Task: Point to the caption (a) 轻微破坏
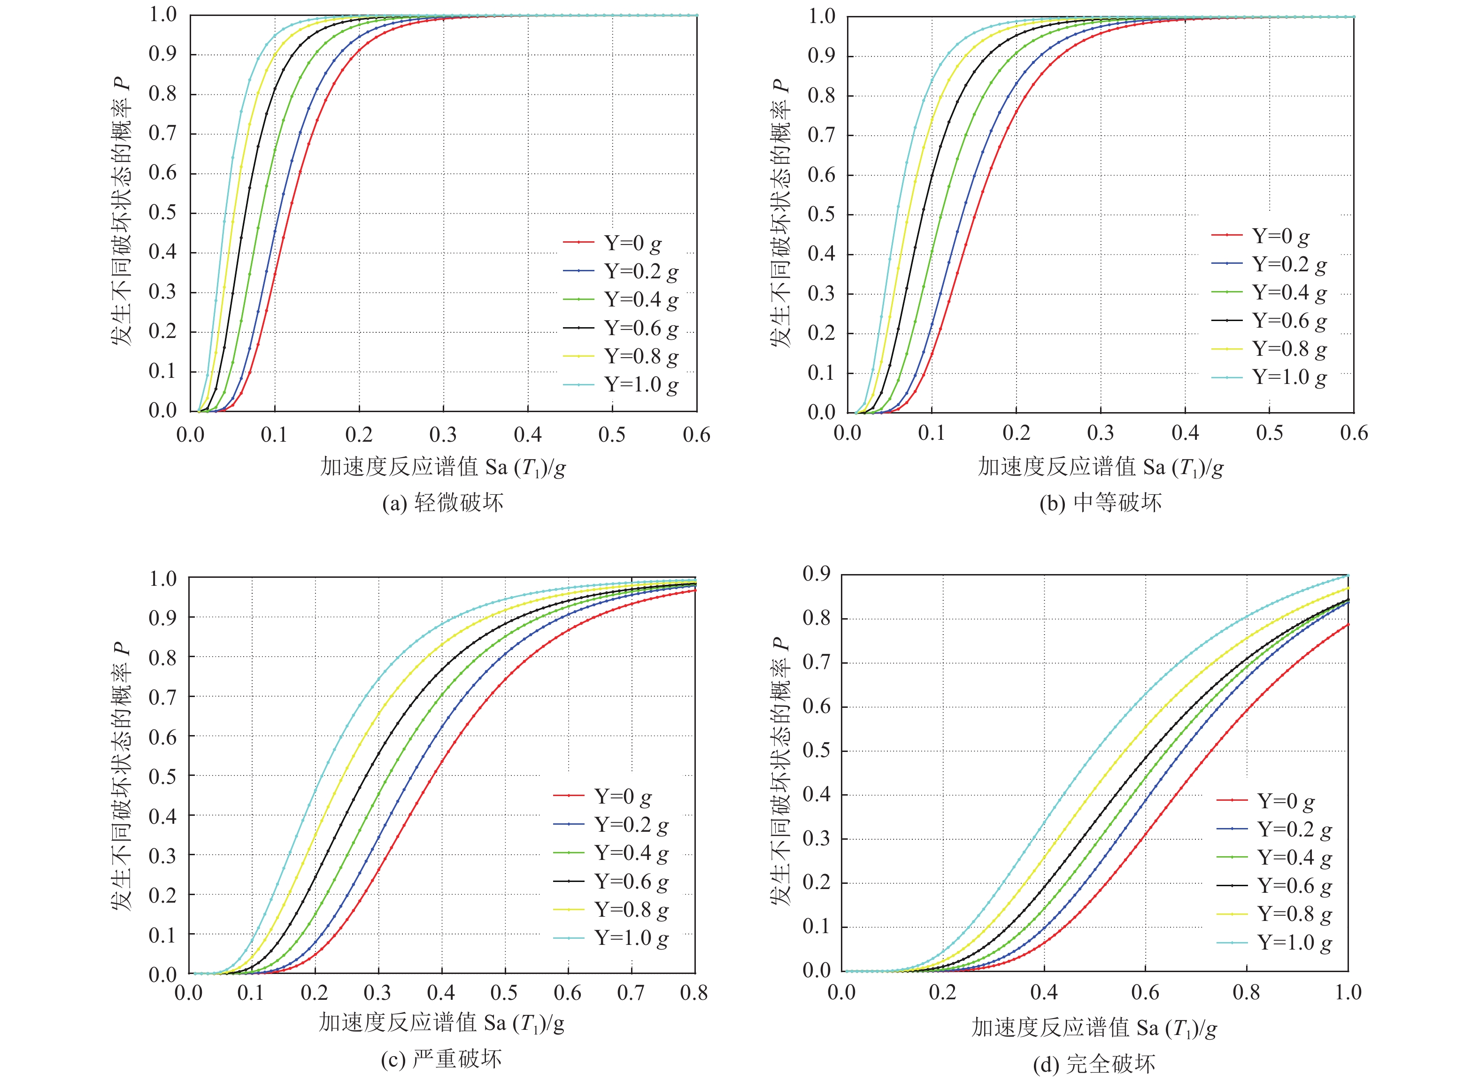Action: (443, 503)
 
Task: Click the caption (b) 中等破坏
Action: (1101, 503)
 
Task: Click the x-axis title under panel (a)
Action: (443, 467)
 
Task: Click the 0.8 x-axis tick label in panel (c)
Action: (693, 993)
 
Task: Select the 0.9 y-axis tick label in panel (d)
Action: (816, 575)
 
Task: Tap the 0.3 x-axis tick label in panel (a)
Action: (443, 435)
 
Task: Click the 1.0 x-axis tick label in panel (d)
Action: (1348, 993)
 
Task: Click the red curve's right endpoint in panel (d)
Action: (1348, 624)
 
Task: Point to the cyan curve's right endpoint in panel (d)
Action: (1348, 575)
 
